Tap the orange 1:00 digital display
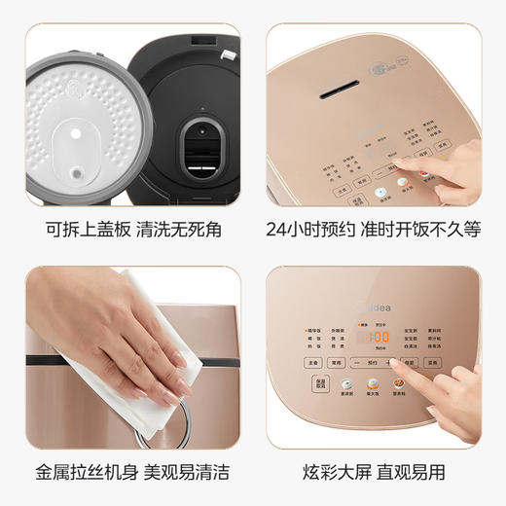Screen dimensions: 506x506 point(373,337)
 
